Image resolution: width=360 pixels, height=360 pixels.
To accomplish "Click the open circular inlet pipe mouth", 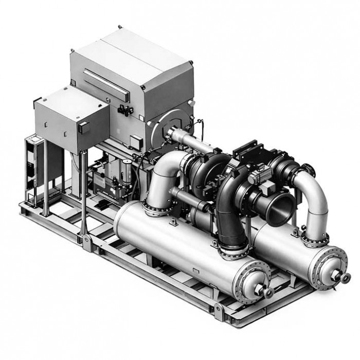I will [x=278, y=209].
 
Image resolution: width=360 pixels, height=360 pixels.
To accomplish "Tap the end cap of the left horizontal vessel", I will [x=252, y=280].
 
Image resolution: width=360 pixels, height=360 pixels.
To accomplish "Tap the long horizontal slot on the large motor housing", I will [x=105, y=84].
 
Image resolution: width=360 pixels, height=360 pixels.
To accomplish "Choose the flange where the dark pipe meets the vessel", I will [x=235, y=251].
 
